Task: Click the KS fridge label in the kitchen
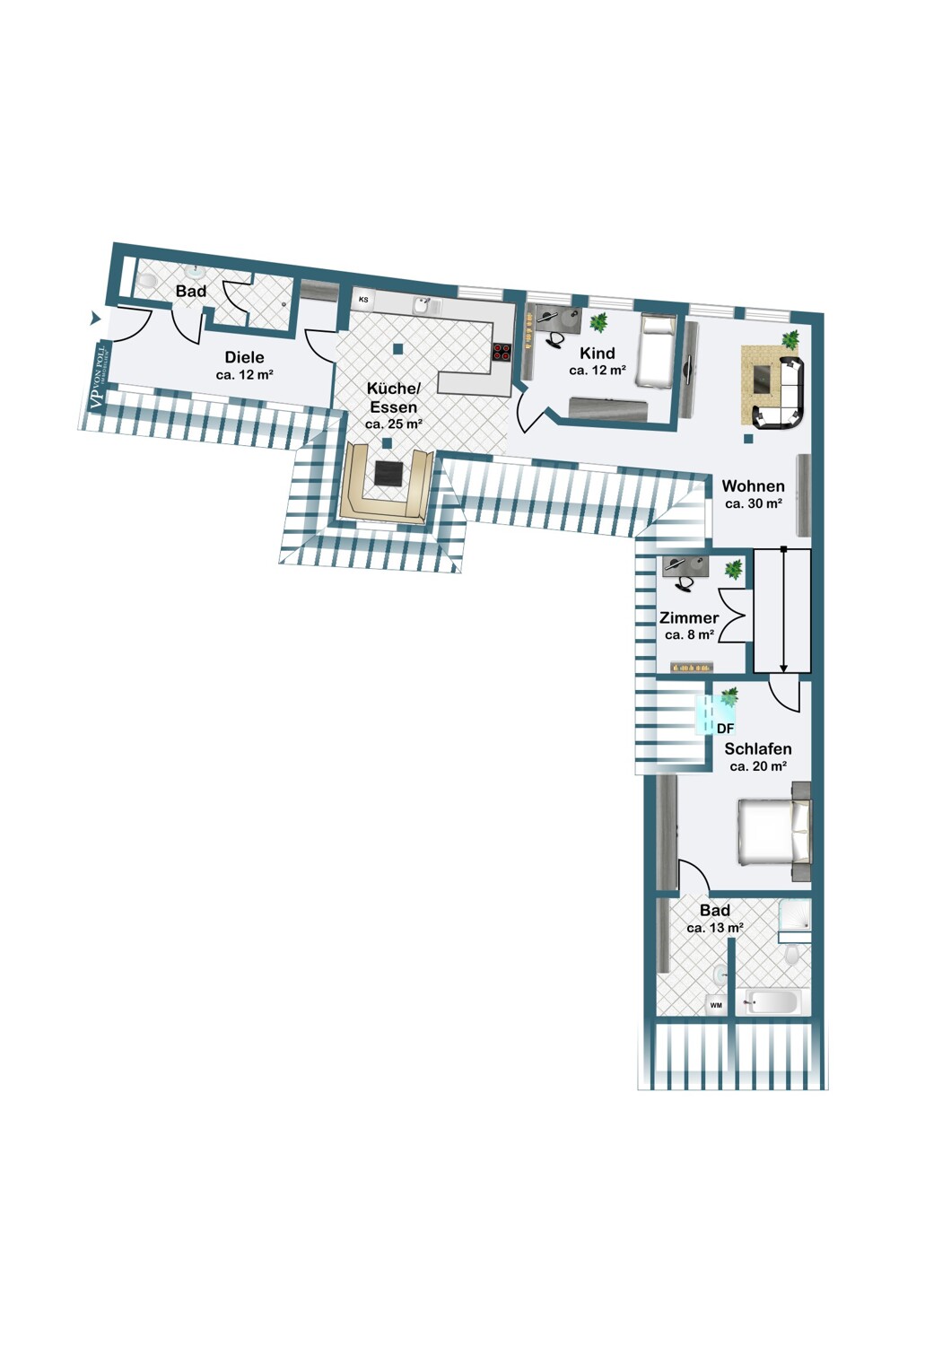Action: click(x=362, y=299)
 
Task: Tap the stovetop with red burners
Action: click(x=502, y=352)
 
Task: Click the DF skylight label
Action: click(x=726, y=729)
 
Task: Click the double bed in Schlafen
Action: click(x=774, y=832)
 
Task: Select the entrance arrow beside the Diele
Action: click(x=94, y=318)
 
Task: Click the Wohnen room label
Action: click(x=753, y=485)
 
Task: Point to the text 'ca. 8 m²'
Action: click(x=689, y=634)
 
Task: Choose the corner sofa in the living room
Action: click(x=781, y=392)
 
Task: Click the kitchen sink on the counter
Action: click(x=423, y=306)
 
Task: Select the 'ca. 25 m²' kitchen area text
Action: click(x=393, y=424)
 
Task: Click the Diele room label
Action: click(x=244, y=357)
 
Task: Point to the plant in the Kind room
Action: click(x=598, y=322)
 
